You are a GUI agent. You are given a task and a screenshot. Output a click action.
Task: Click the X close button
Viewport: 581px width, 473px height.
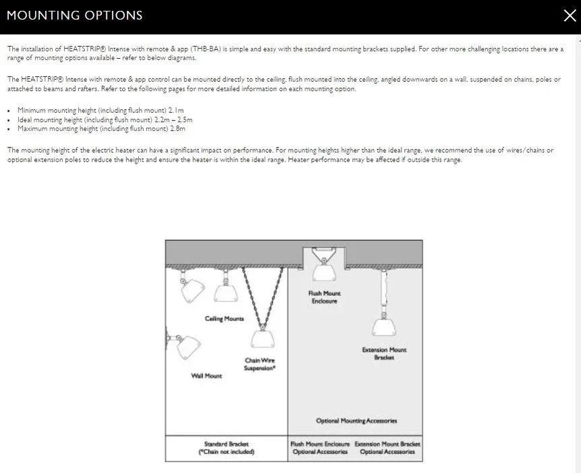(x=569, y=16)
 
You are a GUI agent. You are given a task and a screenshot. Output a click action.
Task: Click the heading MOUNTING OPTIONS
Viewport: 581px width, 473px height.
(x=75, y=16)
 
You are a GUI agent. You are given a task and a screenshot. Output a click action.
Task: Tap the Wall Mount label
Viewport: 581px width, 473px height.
(x=206, y=376)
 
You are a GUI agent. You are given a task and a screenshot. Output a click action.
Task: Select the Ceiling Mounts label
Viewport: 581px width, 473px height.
(x=225, y=318)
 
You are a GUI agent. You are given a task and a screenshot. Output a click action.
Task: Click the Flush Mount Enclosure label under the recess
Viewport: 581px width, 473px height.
(x=325, y=297)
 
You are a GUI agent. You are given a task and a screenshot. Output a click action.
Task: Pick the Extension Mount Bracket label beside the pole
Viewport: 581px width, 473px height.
(x=384, y=353)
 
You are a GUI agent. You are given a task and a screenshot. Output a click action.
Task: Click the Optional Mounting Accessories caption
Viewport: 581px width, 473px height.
(x=356, y=421)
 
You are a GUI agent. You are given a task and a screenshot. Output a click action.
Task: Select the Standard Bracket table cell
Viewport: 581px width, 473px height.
(x=227, y=448)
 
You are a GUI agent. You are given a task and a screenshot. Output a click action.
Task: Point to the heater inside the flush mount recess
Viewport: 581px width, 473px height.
(x=324, y=270)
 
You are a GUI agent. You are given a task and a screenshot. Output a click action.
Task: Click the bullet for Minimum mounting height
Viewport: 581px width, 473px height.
(x=9, y=110)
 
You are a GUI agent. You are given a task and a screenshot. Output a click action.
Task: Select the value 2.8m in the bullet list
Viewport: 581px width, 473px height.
(x=176, y=128)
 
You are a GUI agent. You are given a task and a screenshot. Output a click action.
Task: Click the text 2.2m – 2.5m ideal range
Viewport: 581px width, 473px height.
(x=173, y=120)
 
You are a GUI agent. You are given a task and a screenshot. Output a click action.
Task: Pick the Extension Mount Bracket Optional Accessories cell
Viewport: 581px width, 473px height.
(x=387, y=448)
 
